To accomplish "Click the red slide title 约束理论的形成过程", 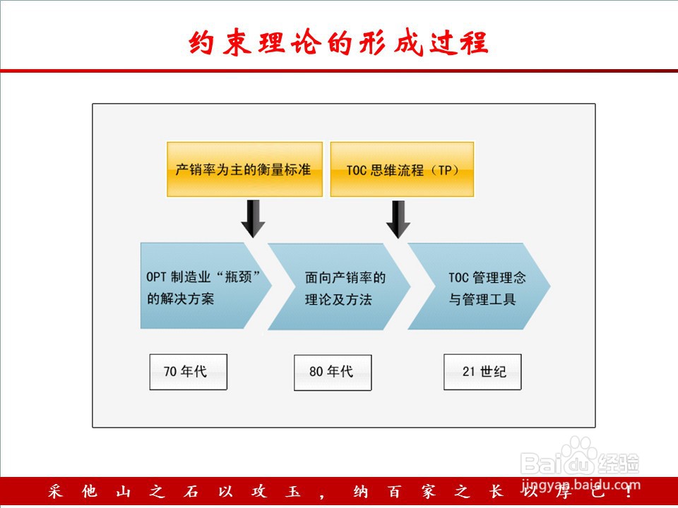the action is click(x=338, y=42).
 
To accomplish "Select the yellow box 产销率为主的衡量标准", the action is click(x=245, y=169).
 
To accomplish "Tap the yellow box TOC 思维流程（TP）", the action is click(x=402, y=169).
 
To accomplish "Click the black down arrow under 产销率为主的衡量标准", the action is click(x=253, y=219).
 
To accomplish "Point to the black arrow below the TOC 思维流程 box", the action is click(x=398, y=219).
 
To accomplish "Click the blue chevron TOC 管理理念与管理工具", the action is click(x=479, y=286).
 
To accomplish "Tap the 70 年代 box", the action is click(x=188, y=372).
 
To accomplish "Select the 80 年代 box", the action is click(x=333, y=373).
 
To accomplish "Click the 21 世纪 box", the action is click(x=482, y=372).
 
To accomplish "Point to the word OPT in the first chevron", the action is click(x=156, y=277).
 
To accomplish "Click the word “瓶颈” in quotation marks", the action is click(x=238, y=277).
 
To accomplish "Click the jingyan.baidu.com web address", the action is click(x=581, y=485).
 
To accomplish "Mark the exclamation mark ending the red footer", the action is click(x=629, y=492).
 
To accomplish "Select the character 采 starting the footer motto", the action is click(x=55, y=492).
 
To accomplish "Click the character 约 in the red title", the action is click(x=201, y=42).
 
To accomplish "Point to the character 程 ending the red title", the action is click(x=475, y=42).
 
